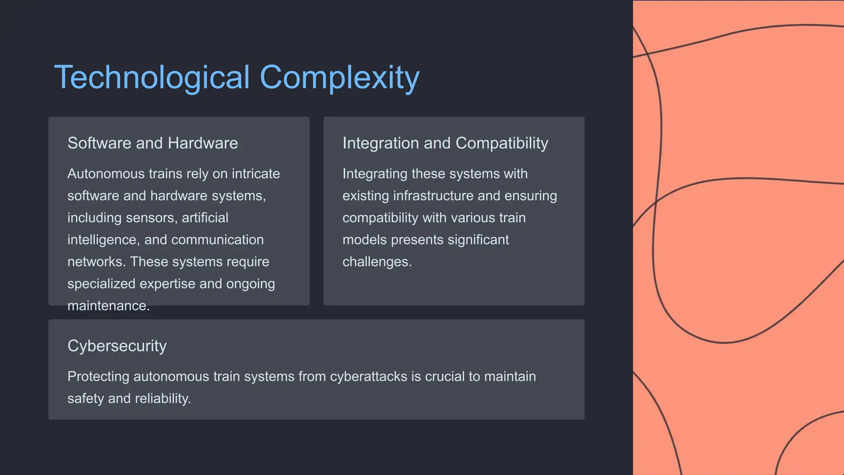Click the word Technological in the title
tap(152, 78)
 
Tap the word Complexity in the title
tap(340, 78)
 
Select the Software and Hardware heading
tap(152, 143)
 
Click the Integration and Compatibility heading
tap(445, 143)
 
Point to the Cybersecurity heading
tap(117, 346)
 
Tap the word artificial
tap(205, 218)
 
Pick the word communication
tap(217, 240)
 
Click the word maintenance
tap(108, 306)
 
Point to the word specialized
tap(101, 284)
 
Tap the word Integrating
tap(375, 174)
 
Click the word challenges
tap(377, 262)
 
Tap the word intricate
tap(256, 174)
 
